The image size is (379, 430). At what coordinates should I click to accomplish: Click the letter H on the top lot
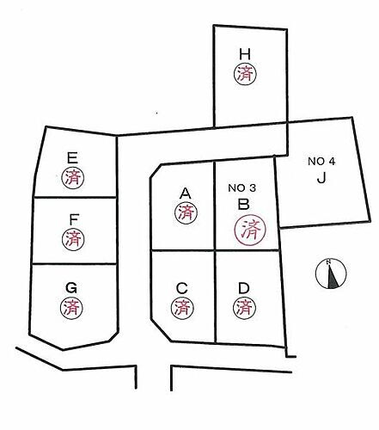click(245, 54)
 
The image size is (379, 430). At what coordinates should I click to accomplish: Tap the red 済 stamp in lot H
click(245, 74)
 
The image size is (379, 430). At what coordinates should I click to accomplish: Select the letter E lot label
click(72, 157)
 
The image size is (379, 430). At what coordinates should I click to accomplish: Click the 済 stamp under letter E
click(73, 178)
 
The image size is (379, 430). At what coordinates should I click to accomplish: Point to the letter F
click(74, 219)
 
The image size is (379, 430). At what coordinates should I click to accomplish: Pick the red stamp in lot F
click(73, 239)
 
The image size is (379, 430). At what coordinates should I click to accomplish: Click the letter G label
click(71, 288)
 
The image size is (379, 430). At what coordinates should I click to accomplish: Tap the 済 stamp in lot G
click(71, 308)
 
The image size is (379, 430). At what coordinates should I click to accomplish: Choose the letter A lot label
click(185, 193)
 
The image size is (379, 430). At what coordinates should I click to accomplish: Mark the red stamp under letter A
click(186, 212)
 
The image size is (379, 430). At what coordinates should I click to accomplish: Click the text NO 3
click(241, 188)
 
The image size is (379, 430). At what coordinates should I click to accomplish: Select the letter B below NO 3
click(243, 205)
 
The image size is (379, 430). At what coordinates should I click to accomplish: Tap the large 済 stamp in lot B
click(250, 230)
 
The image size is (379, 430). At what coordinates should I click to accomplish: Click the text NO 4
click(321, 162)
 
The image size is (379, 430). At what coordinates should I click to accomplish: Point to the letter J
click(321, 178)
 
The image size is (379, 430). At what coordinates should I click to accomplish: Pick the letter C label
click(182, 288)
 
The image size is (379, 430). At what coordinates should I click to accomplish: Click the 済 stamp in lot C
click(182, 308)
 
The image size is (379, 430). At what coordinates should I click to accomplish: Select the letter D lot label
click(244, 288)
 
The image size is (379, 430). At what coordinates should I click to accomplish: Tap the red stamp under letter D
click(244, 308)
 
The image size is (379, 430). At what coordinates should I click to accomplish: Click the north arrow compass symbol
click(331, 273)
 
